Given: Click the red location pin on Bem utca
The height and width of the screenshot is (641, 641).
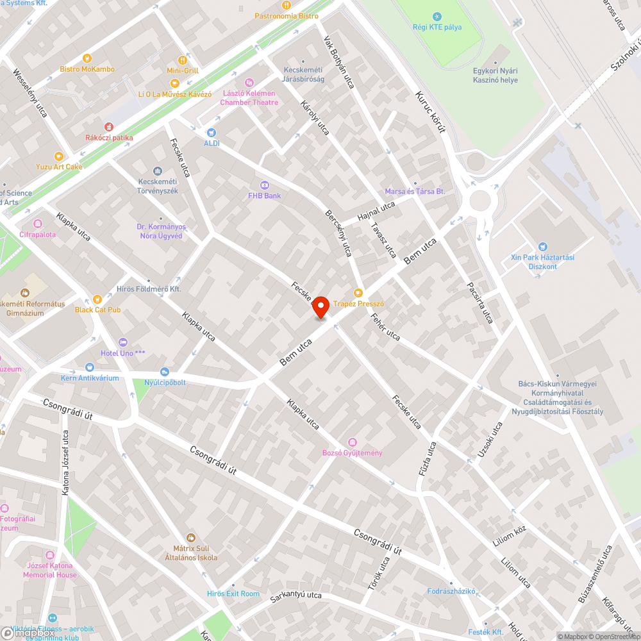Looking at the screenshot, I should (x=320, y=305).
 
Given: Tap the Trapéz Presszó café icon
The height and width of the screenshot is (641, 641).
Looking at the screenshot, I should (x=358, y=293).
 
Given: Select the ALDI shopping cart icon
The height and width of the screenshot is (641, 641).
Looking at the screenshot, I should (x=211, y=133).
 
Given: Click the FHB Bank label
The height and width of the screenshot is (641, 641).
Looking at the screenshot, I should (x=264, y=195).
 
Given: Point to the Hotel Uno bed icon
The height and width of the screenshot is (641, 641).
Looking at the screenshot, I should (x=123, y=342).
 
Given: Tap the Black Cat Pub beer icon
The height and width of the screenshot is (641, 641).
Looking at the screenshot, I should (x=97, y=299).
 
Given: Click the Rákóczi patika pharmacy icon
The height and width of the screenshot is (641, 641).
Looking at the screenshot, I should (x=109, y=127).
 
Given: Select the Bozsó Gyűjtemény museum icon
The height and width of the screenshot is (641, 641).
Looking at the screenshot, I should (x=352, y=442).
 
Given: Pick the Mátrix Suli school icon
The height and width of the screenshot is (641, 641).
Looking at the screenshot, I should (x=190, y=537).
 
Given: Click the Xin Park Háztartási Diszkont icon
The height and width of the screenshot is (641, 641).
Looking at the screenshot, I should (x=543, y=247).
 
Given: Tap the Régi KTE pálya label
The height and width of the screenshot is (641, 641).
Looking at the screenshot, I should (x=437, y=27).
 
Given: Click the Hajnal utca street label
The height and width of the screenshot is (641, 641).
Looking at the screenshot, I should (x=376, y=210).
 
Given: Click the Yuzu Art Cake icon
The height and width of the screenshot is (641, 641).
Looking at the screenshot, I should (x=59, y=156).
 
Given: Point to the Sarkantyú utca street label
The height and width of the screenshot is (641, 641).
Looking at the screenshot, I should (x=296, y=595).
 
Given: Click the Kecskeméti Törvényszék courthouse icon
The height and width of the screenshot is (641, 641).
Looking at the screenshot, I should (x=158, y=171).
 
